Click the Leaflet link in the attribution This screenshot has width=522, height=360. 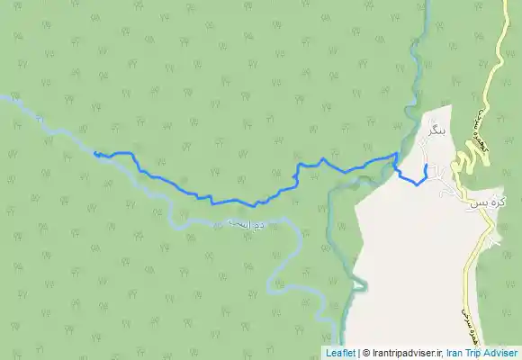click(340, 354)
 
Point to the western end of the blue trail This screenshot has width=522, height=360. click(94, 154)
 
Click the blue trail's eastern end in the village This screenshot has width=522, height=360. click(426, 165)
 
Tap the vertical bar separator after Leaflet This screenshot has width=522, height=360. click(358, 354)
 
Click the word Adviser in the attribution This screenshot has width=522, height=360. click(500, 354)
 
